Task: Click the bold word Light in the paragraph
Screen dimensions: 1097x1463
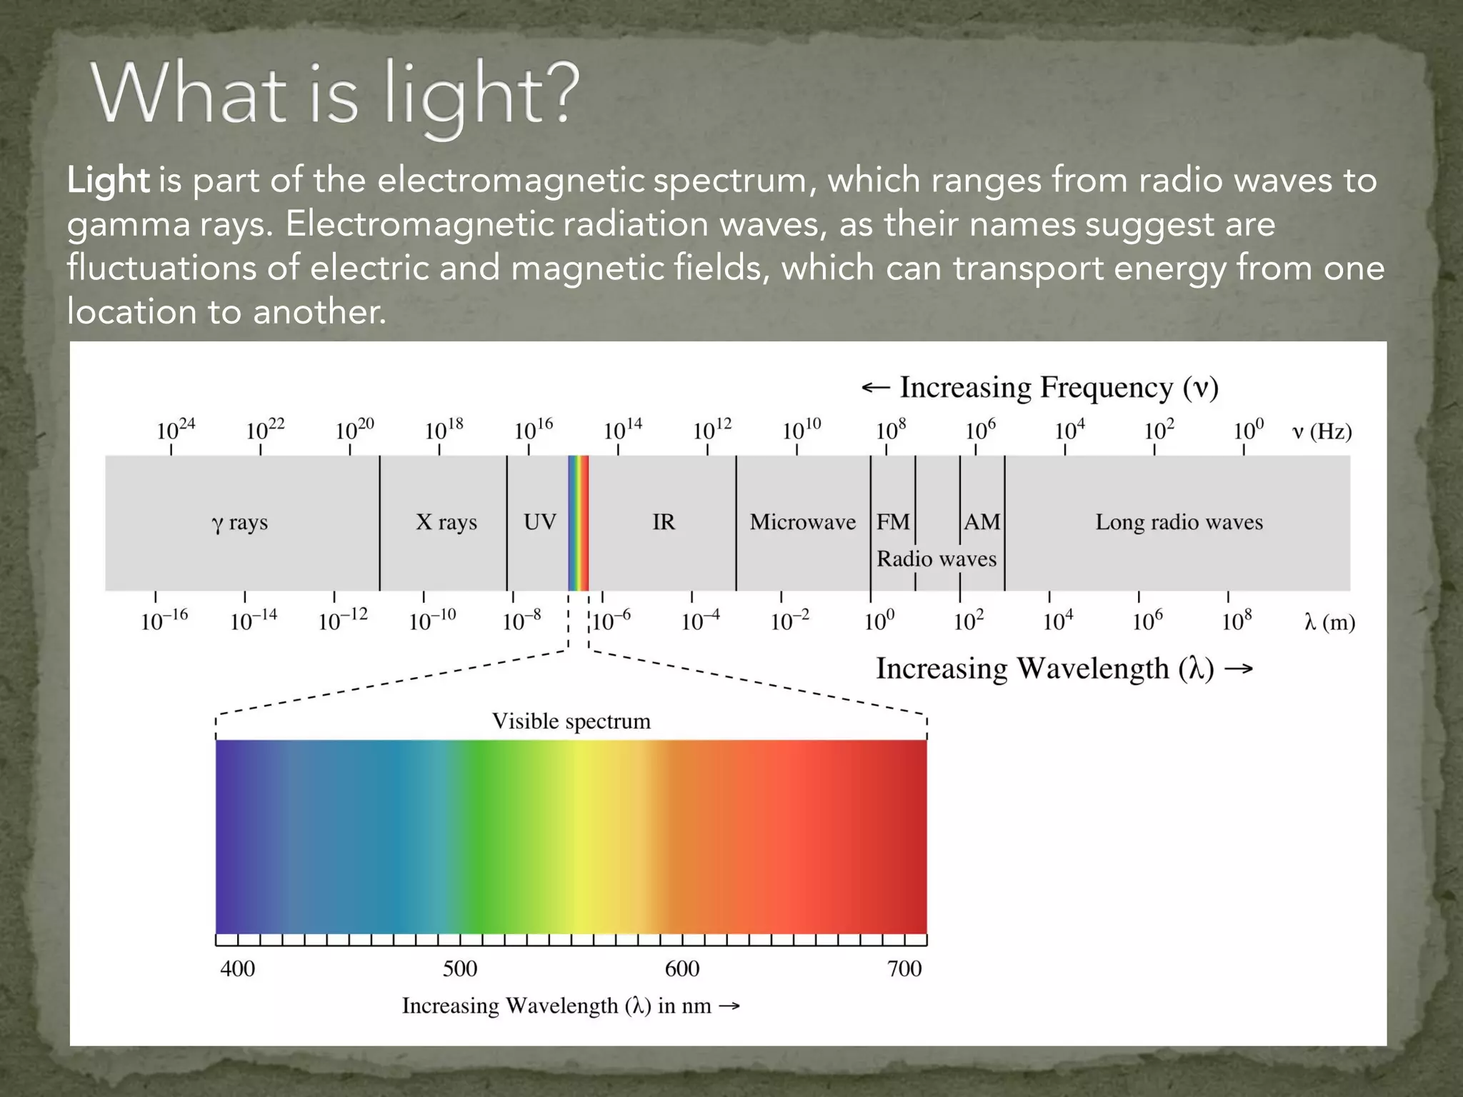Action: pyautogui.click(x=108, y=180)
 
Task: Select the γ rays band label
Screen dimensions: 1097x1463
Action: pyautogui.click(x=240, y=523)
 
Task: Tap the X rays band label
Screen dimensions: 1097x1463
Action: pyautogui.click(x=446, y=522)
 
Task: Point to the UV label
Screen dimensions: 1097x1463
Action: pyautogui.click(x=539, y=522)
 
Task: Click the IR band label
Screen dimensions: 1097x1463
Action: pyautogui.click(x=663, y=522)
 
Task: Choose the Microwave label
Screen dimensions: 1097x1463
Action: pyautogui.click(x=802, y=522)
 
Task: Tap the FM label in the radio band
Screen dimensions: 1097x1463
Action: pyautogui.click(x=893, y=522)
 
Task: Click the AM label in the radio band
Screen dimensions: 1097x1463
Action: pyautogui.click(x=982, y=522)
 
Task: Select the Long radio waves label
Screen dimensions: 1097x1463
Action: pyautogui.click(x=1179, y=522)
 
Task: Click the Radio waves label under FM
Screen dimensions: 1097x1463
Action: pyautogui.click(x=936, y=558)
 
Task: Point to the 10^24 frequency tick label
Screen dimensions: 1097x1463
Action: pyautogui.click(x=175, y=430)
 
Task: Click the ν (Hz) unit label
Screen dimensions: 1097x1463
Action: pyautogui.click(x=1322, y=431)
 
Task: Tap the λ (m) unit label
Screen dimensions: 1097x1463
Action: pyautogui.click(x=1329, y=623)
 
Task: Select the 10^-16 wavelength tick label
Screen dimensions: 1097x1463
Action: pyautogui.click(x=164, y=620)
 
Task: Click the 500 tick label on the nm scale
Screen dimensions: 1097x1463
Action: pyautogui.click(x=459, y=969)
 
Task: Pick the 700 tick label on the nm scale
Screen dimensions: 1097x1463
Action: pyautogui.click(x=904, y=969)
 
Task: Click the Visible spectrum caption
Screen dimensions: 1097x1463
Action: pyautogui.click(x=571, y=721)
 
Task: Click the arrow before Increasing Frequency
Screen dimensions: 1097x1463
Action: pyautogui.click(x=875, y=388)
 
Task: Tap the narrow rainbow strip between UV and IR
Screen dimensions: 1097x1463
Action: pyautogui.click(x=578, y=523)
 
